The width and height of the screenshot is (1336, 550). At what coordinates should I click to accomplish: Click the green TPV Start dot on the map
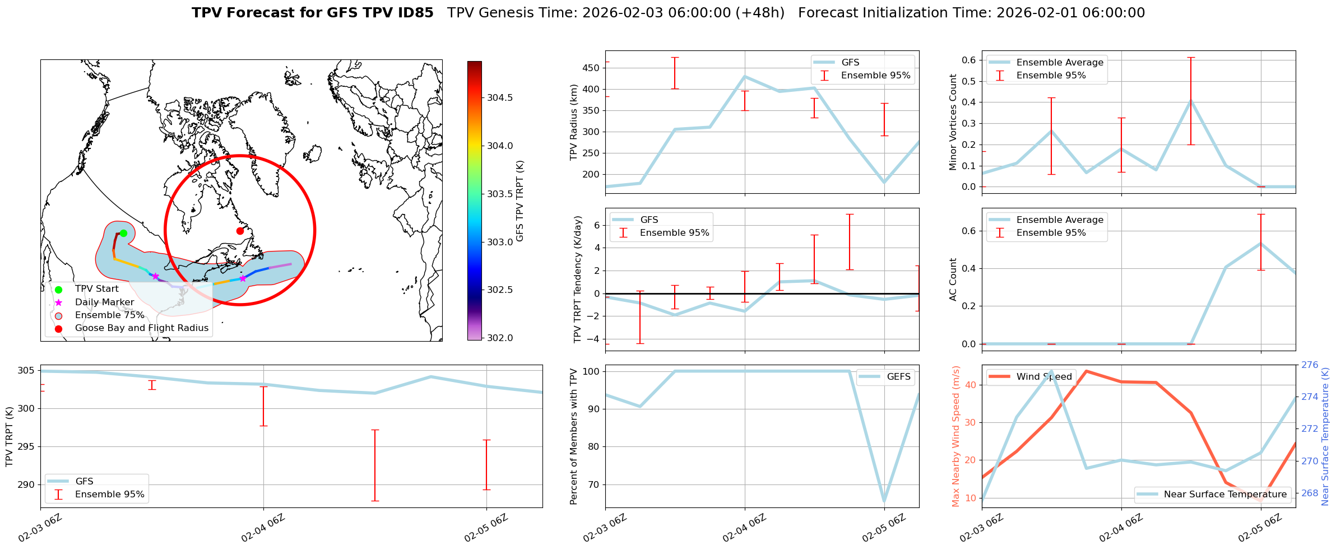[x=123, y=233]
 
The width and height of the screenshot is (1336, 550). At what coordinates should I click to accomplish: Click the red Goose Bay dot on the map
[x=240, y=231]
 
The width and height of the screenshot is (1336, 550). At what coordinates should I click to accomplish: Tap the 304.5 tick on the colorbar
[x=499, y=97]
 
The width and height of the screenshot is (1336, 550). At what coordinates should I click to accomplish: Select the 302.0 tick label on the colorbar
[x=499, y=338]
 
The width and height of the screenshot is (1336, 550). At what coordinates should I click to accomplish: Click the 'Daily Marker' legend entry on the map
[x=104, y=302]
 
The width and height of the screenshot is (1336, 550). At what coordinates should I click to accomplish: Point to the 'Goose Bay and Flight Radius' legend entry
[x=141, y=328]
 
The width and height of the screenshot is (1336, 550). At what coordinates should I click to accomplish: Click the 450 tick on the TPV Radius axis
[x=592, y=68]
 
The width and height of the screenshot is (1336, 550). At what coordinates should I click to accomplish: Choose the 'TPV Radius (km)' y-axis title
[x=574, y=122]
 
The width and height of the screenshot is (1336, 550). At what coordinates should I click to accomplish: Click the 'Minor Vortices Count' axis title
[x=953, y=122]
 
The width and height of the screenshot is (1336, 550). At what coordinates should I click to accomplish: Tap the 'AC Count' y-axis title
[x=953, y=279]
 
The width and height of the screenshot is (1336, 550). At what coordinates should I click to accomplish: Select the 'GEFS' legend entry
[x=898, y=377]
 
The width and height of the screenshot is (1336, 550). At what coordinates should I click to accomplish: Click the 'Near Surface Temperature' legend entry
[x=1225, y=494]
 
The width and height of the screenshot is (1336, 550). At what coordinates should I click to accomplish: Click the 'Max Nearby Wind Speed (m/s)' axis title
[x=956, y=436]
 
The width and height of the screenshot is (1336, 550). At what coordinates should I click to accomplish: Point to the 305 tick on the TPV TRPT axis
[x=26, y=371]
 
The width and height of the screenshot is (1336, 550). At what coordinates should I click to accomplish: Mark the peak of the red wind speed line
[x=1087, y=371]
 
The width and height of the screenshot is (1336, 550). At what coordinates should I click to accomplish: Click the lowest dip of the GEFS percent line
[x=884, y=501]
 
